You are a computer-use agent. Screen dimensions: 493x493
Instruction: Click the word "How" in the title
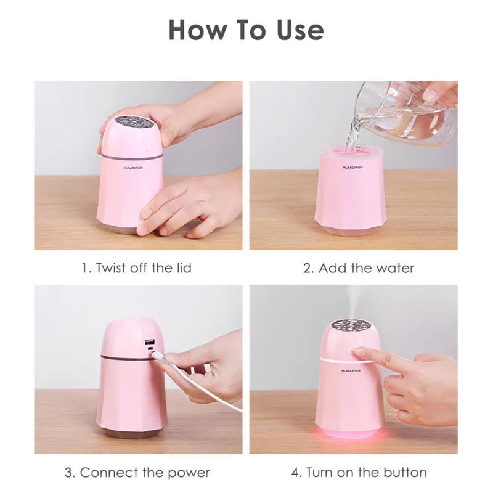click(197, 30)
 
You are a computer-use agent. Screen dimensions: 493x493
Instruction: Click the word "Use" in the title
click(300, 30)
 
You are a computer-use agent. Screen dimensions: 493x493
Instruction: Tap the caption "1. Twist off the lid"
click(137, 268)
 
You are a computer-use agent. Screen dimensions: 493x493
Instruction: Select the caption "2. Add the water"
click(359, 268)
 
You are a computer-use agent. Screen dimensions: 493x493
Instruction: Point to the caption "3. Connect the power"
click(137, 473)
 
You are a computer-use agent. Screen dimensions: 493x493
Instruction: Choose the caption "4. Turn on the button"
click(359, 473)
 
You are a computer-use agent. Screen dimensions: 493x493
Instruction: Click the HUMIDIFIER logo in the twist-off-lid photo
click(133, 168)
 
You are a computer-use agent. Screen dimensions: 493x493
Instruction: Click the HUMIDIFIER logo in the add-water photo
click(352, 168)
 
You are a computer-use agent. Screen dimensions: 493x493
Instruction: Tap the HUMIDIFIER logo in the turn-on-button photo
click(351, 371)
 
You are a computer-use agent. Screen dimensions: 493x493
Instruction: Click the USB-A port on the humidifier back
click(149, 342)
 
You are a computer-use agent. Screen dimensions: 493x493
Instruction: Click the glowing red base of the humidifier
click(350, 432)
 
